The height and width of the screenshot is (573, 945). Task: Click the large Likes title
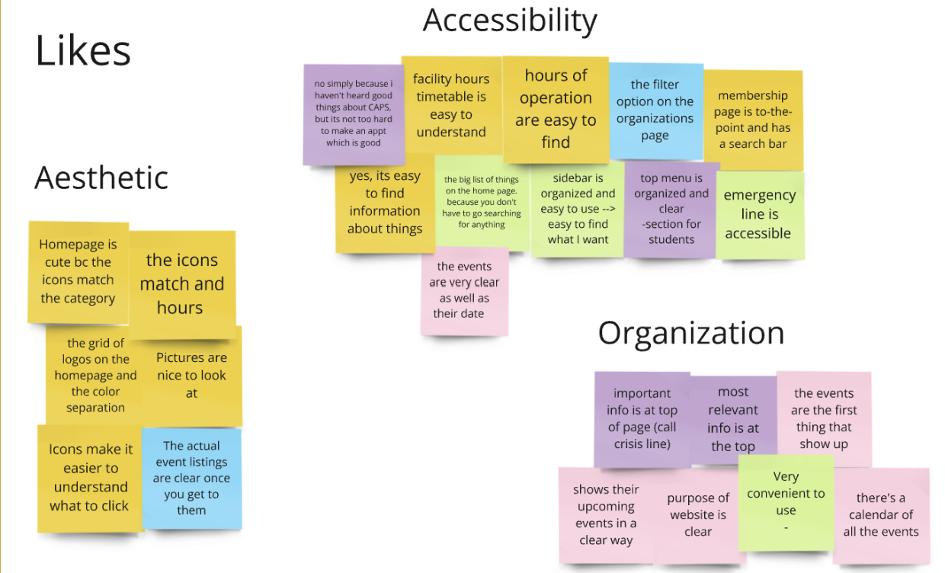(83, 51)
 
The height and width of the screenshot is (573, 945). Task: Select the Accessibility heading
(510, 21)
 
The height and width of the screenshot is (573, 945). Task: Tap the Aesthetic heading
(101, 178)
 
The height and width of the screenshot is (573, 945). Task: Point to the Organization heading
(690, 333)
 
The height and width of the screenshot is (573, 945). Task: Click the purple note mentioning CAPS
(353, 114)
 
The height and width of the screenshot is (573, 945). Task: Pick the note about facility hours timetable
(450, 105)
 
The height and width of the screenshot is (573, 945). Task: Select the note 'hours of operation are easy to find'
(556, 108)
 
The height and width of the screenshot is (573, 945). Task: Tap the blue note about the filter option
(655, 110)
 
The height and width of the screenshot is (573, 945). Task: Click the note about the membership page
(752, 119)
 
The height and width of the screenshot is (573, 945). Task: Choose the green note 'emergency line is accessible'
(759, 214)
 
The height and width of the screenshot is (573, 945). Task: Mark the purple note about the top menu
(671, 209)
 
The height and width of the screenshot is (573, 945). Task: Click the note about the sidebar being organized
(578, 209)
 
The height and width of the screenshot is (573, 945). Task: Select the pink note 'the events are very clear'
(464, 290)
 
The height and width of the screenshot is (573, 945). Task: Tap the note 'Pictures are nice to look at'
(191, 375)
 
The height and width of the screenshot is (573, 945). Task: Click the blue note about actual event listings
(191, 478)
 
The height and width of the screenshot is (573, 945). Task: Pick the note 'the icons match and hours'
(181, 283)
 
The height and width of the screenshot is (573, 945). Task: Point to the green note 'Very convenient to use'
(786, 501)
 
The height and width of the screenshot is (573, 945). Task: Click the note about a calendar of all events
(881, 515)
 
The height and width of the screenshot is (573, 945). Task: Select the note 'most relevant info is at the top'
(733, 419)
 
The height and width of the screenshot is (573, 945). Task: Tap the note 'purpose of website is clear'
(698, 515)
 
